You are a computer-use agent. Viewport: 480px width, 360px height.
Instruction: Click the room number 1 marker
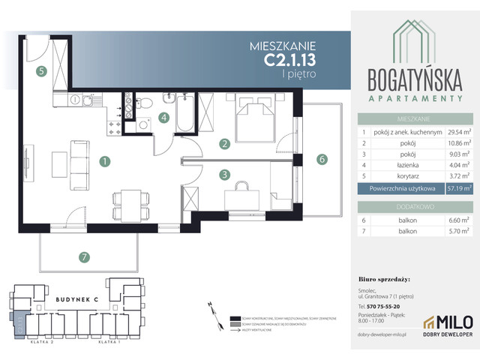pos(106,160)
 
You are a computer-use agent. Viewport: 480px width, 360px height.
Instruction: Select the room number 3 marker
pos(223,175)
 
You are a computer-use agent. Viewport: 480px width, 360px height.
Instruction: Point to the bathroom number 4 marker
pos(163,117)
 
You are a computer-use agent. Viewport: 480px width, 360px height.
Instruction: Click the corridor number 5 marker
pos(43,71)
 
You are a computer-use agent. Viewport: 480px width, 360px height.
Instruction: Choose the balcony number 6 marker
pos(321,158)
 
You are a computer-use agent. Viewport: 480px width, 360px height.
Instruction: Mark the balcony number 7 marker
pos(85,257)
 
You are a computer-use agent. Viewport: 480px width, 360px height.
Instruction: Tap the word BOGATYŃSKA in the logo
pos(415,79)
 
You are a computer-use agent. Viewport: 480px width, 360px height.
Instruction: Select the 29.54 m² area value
pos(457,130)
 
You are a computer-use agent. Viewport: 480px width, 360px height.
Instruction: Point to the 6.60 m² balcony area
pos(457,221)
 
